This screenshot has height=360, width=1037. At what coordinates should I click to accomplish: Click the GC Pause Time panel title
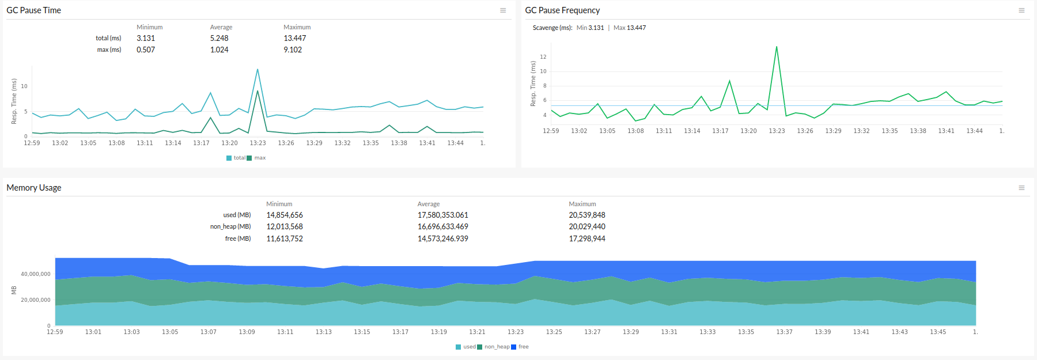point(33,10)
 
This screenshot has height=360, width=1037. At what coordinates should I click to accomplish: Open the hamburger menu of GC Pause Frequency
point(1021,10)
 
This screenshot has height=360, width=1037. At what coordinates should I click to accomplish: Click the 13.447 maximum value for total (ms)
point(294,38)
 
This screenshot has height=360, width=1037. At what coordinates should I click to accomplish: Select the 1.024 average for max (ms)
point(219,50)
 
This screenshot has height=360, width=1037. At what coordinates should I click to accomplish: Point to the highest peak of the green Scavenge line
point(777,47)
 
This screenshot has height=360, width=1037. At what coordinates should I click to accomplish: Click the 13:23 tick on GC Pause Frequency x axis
point(777,131)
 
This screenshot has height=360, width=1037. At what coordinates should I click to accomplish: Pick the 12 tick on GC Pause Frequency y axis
point(543,57)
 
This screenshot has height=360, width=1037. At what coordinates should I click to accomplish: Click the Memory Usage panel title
point(33,188)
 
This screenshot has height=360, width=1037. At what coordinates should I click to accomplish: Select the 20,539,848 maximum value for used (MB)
point(586,215)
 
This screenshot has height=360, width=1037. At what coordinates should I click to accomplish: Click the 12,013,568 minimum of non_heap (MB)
point(284,226)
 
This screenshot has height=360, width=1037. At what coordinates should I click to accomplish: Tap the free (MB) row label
point(237,238)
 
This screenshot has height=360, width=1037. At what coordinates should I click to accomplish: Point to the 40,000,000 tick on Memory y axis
point(36,274)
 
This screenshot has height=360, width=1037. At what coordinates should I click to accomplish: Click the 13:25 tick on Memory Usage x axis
point(554,332)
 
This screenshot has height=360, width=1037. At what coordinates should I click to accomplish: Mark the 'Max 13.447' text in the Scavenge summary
point(630,28)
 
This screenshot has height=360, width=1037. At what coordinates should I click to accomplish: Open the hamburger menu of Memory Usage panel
point(1021,188)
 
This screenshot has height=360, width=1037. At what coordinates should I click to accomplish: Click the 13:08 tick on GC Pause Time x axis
point(116,143)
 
